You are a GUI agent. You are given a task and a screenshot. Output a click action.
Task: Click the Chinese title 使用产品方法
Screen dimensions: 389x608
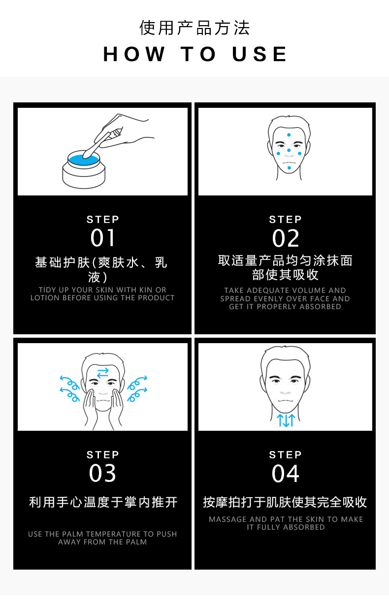click(194, 28)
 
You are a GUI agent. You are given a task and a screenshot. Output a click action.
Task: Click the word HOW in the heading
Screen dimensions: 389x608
click(134, 54)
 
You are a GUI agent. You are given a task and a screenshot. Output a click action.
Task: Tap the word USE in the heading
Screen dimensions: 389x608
click(259, 54)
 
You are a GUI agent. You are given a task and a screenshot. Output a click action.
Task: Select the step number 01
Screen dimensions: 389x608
click(102, 238)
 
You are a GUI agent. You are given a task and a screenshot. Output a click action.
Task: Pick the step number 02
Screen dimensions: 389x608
click(285, 238)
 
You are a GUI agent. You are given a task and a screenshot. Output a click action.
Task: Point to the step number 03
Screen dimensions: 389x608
click(102, 473)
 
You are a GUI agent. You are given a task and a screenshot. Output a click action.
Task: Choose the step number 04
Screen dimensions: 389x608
click(285, 474)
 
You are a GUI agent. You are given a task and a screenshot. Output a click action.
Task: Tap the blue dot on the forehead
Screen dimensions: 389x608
click(289, 135)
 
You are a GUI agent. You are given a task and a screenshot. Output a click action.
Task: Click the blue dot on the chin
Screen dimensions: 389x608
click(289, 168)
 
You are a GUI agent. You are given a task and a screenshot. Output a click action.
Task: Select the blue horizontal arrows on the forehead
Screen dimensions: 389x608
click(103, 373)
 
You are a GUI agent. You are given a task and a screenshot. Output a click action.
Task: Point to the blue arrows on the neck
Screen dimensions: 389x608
click(286, 420)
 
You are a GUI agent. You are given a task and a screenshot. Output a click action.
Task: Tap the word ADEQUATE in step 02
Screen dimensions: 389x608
click(263, 290)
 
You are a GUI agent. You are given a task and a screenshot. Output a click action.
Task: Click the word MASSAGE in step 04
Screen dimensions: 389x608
click(228, 519)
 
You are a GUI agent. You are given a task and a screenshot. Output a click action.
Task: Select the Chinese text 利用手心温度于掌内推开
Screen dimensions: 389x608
click(103, 502)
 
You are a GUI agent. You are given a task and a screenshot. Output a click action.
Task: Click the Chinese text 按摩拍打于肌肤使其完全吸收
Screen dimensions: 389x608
click(285, 502)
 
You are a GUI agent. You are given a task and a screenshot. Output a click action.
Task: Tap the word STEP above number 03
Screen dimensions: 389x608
click(102, 454)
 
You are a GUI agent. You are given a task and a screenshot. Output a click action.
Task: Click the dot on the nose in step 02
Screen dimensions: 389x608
click(289, 150)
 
